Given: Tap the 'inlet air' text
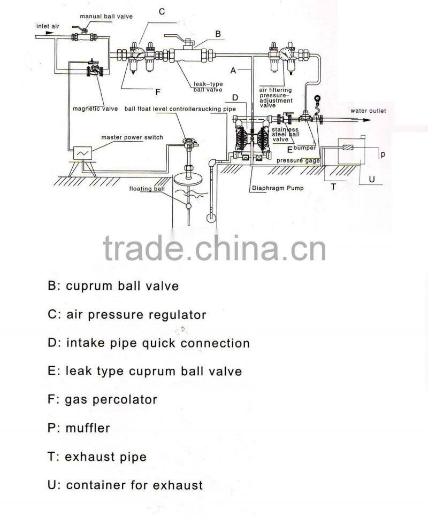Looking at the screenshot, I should click(48, 26).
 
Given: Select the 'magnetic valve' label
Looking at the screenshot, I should click(95, 109).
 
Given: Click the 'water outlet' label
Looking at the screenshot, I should click(368, 111).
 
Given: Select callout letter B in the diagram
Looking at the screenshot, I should click(218, 34).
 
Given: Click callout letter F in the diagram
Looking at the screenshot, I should click(158, 90).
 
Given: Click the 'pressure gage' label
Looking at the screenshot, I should click(298, 160).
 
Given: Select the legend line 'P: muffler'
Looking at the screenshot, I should click(79, 428).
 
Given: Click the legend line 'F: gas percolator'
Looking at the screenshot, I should click(102, 399).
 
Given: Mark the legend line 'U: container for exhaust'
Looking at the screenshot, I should click(125, 485).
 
